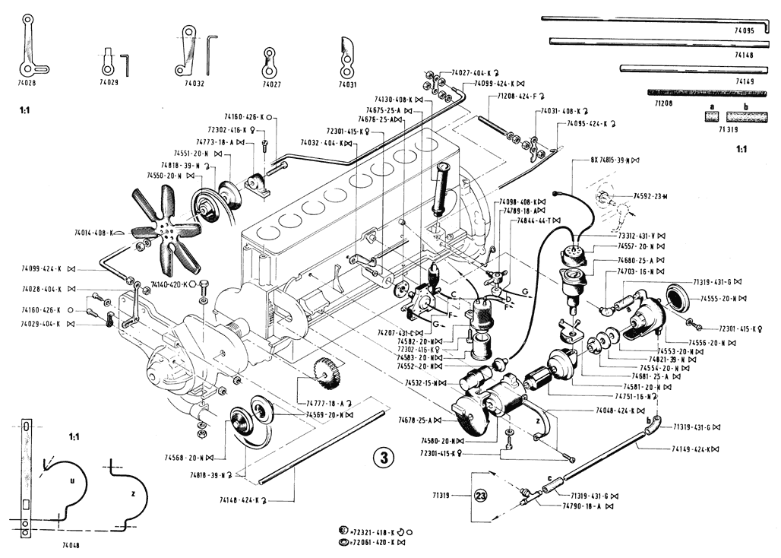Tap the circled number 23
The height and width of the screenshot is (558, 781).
(x=480, y=495)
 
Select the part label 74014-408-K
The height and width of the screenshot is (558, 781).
(x=94, y=233)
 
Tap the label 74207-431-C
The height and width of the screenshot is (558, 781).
(x=397, y=333)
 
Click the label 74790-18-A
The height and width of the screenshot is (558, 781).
(x=582, y=505)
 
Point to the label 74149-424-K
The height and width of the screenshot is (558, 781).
(x=691, y=449)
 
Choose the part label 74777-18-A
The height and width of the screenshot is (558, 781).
(x=326, y=403)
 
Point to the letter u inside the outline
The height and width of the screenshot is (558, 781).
(x=71, y=481)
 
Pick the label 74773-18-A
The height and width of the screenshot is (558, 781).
(x=193, y=141)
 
